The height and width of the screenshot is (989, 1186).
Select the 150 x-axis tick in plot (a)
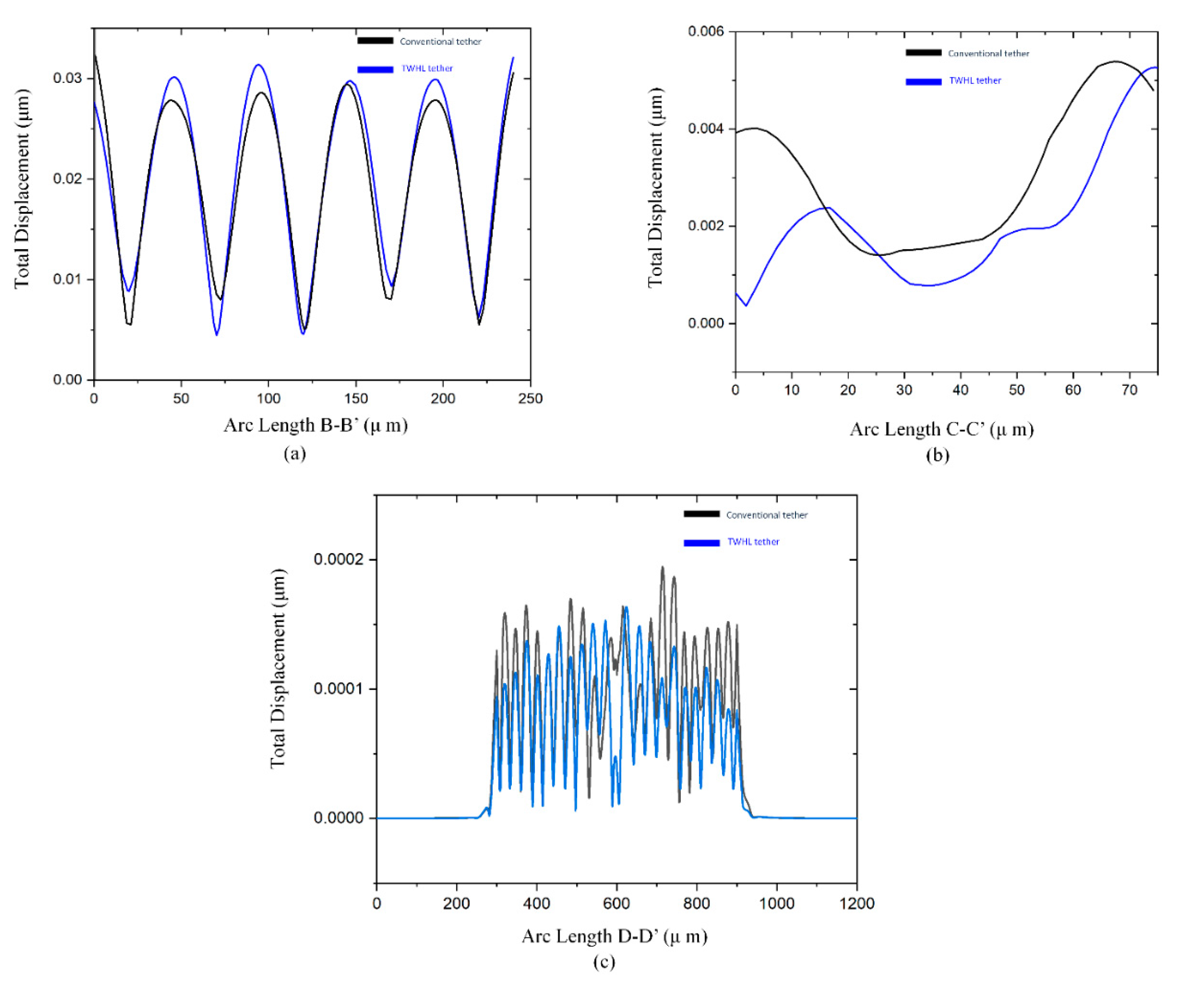coord(356,399)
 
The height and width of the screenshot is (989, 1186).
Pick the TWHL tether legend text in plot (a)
coord(427,69)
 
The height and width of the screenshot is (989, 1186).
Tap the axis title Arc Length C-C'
coord(941,430)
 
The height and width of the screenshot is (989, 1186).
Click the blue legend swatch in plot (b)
coord(923,82)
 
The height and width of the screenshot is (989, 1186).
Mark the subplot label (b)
coord(938,455)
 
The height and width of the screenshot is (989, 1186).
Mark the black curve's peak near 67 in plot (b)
coord(1115,61)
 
